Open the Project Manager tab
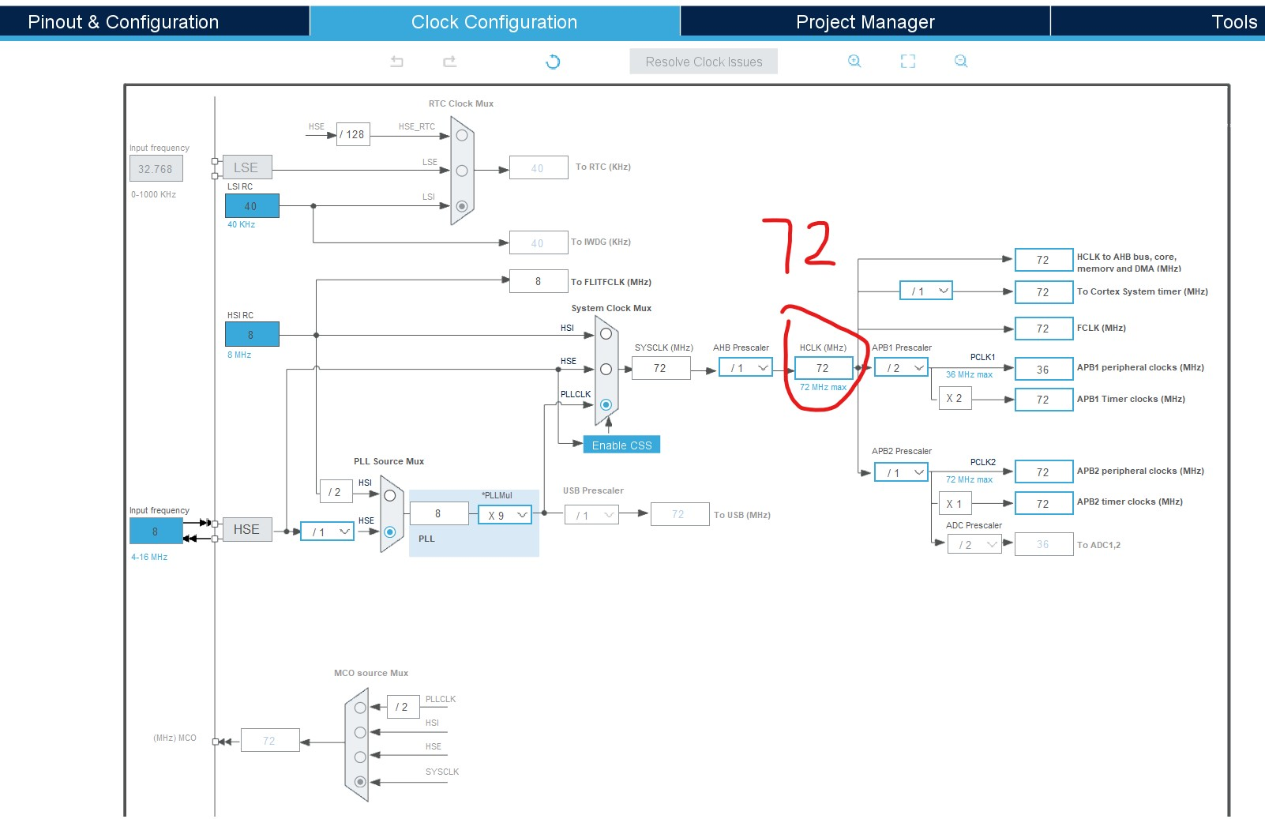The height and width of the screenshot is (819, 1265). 865,22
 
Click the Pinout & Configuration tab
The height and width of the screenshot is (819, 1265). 123,22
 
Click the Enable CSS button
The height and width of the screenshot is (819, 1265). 621,445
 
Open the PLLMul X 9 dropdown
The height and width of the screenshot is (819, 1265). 505,515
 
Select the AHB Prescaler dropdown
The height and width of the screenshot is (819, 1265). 745,368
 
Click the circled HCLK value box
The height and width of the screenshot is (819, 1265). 823,368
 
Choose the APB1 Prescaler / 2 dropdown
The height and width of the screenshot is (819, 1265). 901,368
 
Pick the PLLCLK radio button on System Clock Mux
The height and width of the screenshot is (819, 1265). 606,404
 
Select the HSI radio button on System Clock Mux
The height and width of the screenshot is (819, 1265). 606,334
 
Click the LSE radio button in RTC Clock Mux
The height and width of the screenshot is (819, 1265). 462,171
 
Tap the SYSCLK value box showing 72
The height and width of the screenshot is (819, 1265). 660,368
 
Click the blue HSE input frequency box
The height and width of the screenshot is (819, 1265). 156,532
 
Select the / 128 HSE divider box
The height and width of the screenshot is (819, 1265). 353,134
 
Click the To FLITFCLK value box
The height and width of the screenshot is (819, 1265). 539,281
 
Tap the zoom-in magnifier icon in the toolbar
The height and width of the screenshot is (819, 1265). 854,62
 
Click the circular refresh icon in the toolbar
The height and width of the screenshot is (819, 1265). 553,62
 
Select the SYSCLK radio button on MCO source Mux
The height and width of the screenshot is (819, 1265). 360,782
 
